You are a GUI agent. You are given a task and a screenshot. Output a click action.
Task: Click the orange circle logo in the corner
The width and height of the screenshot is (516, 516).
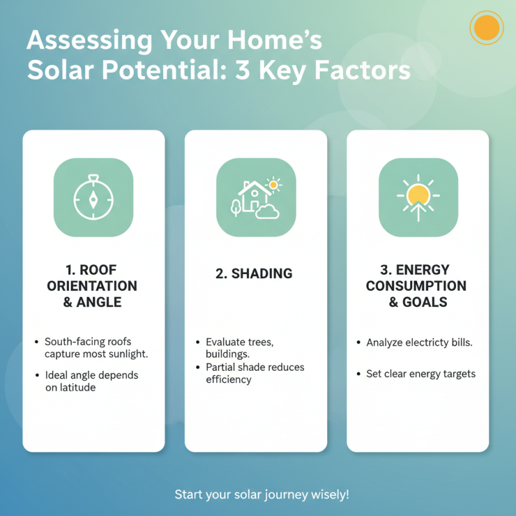[486, 28]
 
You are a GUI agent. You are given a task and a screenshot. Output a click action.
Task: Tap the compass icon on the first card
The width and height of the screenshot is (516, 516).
[93, 198]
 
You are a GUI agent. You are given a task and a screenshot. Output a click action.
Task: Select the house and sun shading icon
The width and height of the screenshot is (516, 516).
[255, 198]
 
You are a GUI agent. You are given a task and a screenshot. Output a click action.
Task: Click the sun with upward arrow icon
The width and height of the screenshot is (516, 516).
[418, 197]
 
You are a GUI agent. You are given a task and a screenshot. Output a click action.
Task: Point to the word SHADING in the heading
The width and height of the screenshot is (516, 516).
[262, 273]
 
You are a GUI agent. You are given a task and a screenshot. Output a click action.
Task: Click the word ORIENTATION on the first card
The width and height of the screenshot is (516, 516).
[92, 286]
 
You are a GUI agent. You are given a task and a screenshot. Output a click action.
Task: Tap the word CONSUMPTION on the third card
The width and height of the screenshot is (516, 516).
[416, 286]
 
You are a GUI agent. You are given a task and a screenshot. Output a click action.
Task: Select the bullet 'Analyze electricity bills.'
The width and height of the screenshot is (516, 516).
[419, 342]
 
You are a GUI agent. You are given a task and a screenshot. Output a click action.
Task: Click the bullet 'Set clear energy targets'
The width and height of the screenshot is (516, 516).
[421, 374]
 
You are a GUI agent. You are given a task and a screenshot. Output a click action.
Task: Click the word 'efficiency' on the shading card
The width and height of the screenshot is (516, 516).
[228, 379]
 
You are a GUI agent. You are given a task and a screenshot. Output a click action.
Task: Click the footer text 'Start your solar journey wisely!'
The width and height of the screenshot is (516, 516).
[262, 495]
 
